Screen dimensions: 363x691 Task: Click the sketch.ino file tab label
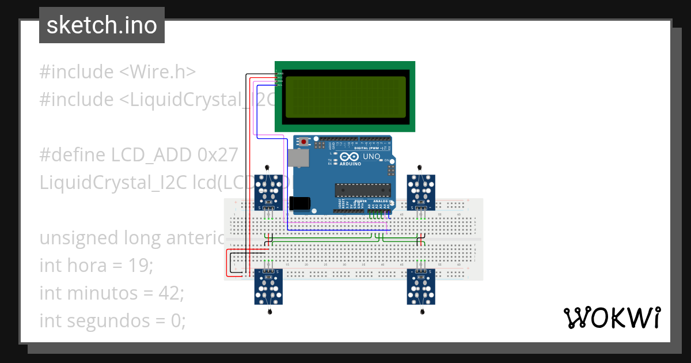[101, 25]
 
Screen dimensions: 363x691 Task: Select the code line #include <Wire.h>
[117, 72]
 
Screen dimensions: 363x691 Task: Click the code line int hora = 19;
[96, 266]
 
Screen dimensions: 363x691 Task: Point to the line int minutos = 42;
[111, 293]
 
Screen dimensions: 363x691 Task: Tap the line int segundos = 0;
[112, 320]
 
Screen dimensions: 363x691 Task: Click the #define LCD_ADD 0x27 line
[138, 155]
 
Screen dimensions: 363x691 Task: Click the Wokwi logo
[612, 317]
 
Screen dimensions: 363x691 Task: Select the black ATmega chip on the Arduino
[363, 190]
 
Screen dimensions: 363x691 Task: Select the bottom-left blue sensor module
[269, 286]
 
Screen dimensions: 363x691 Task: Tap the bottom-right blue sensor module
[422, 286]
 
